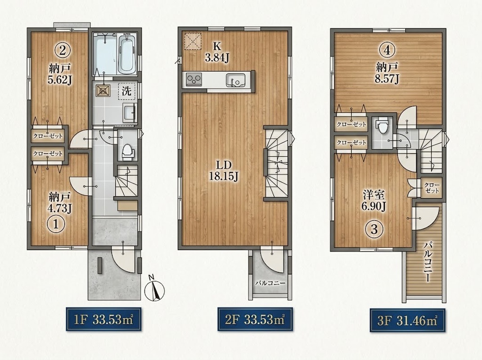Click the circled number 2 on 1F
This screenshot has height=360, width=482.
pos(63,49)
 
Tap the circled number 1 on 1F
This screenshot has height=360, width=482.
pos(56,224)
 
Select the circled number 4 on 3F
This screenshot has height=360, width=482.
pos(387,49)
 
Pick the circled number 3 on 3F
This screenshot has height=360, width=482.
pos(374,229)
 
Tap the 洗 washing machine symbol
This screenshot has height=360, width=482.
pos(126,91)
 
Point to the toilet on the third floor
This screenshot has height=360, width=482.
pos(383,126)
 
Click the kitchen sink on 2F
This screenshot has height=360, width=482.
pos(235,80)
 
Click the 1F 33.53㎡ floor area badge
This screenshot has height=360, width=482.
pos(104,319)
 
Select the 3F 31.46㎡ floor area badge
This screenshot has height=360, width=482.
pos(407,321)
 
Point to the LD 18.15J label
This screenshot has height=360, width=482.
pos(224,171)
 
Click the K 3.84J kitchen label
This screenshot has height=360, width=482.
pos(217,52)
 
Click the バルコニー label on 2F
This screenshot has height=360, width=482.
pos(270,283)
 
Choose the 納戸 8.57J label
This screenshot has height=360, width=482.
pos(387,73)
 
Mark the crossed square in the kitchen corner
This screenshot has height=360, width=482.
pos(193,41)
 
